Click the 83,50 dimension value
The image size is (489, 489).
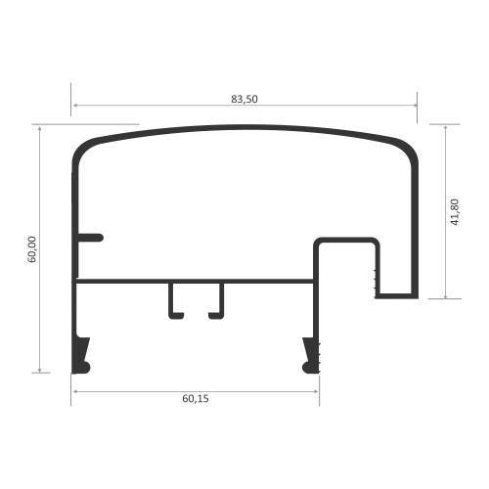tap(244, 99)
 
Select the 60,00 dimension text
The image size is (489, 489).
tap(32, 249)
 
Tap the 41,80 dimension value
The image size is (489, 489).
tap(455, 212)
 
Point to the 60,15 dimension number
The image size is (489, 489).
tap(196, 398)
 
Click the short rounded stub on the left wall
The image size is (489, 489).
tap(91, 238)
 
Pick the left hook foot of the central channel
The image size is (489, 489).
tap(176, 316)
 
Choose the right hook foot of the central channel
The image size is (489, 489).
tap(216, 316)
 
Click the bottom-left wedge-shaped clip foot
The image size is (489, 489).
tap(80, 356)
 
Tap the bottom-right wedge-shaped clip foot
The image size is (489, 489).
tap(311, 356)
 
